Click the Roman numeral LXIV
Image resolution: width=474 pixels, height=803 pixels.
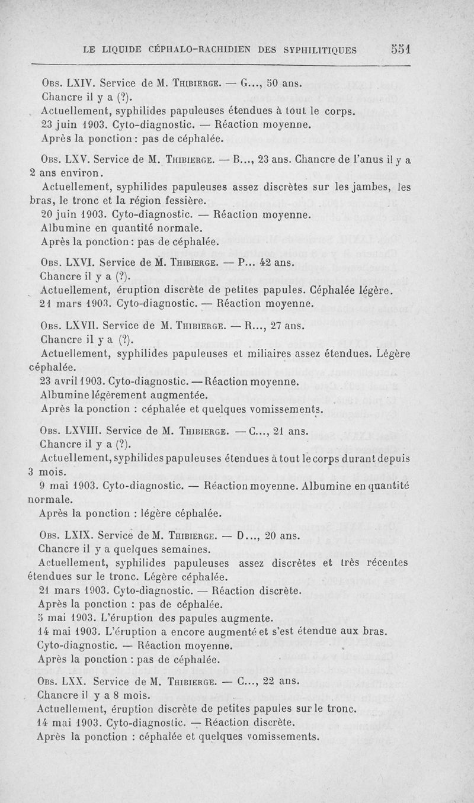coord(78,83)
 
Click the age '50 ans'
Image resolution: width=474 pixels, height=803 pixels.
coord(285,83)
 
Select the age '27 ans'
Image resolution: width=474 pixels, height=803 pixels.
coord(287,325)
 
